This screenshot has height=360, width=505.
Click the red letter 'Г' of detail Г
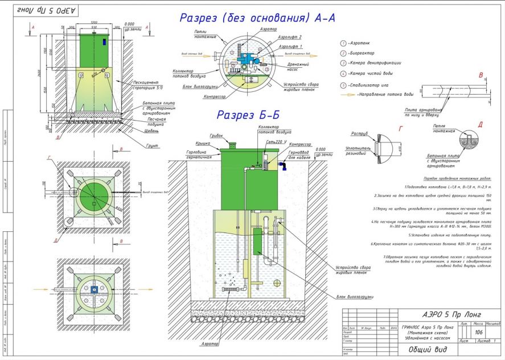[401, 129]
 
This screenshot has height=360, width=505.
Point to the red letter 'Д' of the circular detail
[481, 125]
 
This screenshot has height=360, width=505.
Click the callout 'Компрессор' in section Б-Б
[299, 145]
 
